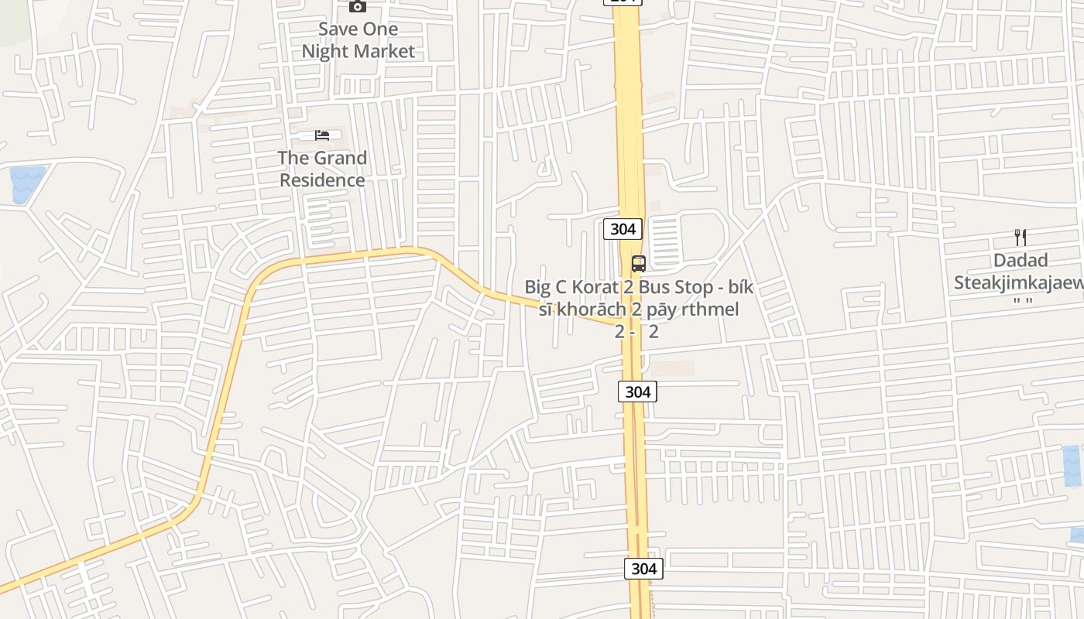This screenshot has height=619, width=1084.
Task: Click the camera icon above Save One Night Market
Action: [x=357, y=6]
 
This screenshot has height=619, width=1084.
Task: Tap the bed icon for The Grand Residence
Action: [x=322, y=135]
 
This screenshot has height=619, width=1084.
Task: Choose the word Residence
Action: [x=322, y=180]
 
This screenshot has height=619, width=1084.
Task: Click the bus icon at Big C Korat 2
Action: [x=638, y=263]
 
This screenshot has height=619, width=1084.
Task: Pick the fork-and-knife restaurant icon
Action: [x=1021, y=238]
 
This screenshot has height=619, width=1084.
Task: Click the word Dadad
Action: [x=1021, y=261]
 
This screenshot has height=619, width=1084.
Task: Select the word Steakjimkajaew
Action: [x=1018, y=282]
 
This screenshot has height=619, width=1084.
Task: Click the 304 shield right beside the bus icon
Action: [x=623, y=228]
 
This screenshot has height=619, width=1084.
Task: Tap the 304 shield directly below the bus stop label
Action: [x=637, y=392]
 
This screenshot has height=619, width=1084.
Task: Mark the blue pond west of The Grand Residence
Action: [x=26, y=184]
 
